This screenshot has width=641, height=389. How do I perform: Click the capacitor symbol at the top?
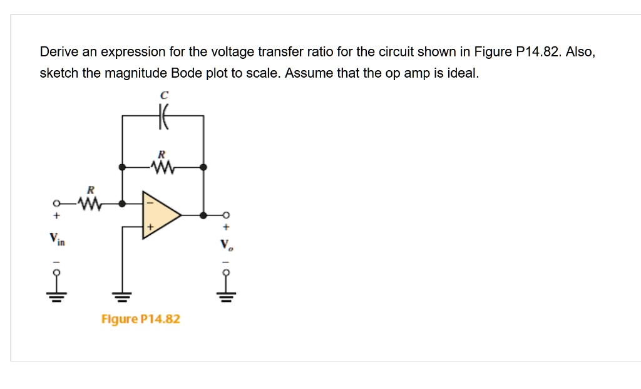(163, 116)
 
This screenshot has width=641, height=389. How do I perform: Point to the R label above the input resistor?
(90, 189)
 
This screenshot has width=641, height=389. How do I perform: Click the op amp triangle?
(160, 215)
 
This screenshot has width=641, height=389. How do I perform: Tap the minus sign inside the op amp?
(149, 203)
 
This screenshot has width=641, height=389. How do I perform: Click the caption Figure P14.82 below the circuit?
(141, 319)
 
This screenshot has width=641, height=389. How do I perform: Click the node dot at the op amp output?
(203, 215)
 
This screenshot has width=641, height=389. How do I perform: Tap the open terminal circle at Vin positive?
(56, 204)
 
